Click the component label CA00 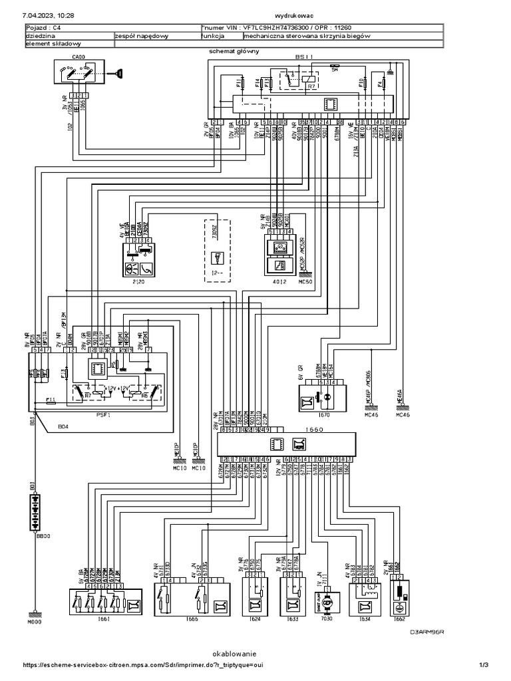79,57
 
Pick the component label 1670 324,415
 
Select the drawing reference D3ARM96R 426,632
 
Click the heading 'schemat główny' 234,51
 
